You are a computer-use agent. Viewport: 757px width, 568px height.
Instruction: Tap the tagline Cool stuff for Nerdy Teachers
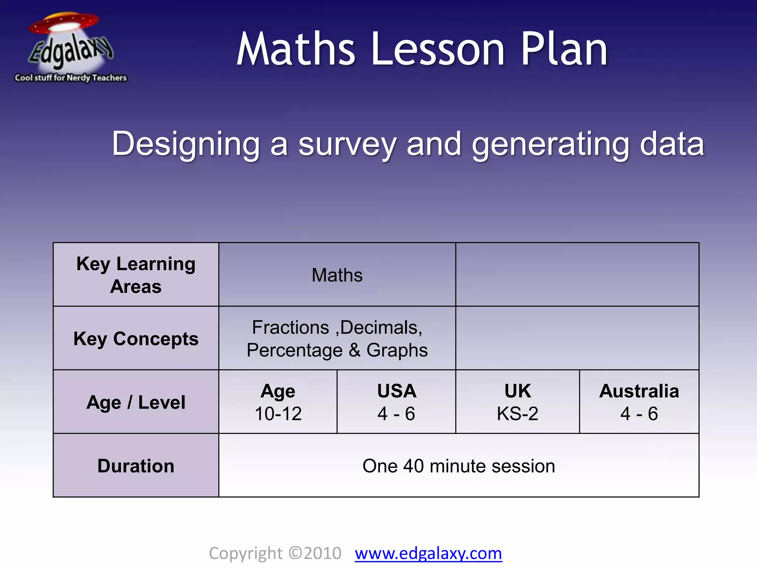tap(71, 78)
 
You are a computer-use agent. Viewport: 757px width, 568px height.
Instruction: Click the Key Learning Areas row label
tap(136, 275)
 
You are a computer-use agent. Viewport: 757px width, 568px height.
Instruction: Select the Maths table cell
tap(337, 275)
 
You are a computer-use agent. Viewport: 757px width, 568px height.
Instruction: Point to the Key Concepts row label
tap(136, 339)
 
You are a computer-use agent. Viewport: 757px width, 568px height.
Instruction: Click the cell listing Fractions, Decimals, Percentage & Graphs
tap(337, 339)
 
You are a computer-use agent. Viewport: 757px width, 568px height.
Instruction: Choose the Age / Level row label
tap(136, 402)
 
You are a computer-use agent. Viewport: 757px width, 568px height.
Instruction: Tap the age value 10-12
tap(278, 413)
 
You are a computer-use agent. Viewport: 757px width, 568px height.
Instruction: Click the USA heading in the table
tap(397, 391)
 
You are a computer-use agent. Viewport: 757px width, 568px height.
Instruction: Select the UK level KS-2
tap(517, 413)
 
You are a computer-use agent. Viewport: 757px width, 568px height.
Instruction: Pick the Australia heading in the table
tap(639, 391)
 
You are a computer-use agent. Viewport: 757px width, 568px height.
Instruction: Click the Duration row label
tap(136, 466)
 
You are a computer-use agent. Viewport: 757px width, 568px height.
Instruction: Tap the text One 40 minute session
tap(459, 466)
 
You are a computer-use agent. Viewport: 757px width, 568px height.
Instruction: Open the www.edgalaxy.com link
tap(428, 554)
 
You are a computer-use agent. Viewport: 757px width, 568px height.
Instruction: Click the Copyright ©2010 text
tap(275, 554)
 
